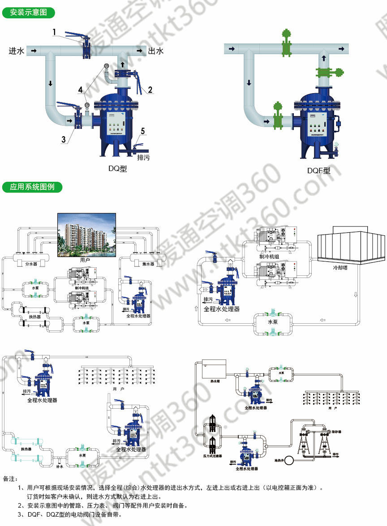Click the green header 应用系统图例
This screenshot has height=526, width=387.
32,187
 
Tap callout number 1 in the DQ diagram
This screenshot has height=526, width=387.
54,32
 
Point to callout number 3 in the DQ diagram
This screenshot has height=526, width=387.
64,138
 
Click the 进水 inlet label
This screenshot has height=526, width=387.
17,51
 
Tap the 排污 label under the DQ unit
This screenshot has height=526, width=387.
143,158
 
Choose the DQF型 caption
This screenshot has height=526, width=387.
318,171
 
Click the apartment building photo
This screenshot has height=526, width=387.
85,235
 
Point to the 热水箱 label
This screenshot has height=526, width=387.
217,381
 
